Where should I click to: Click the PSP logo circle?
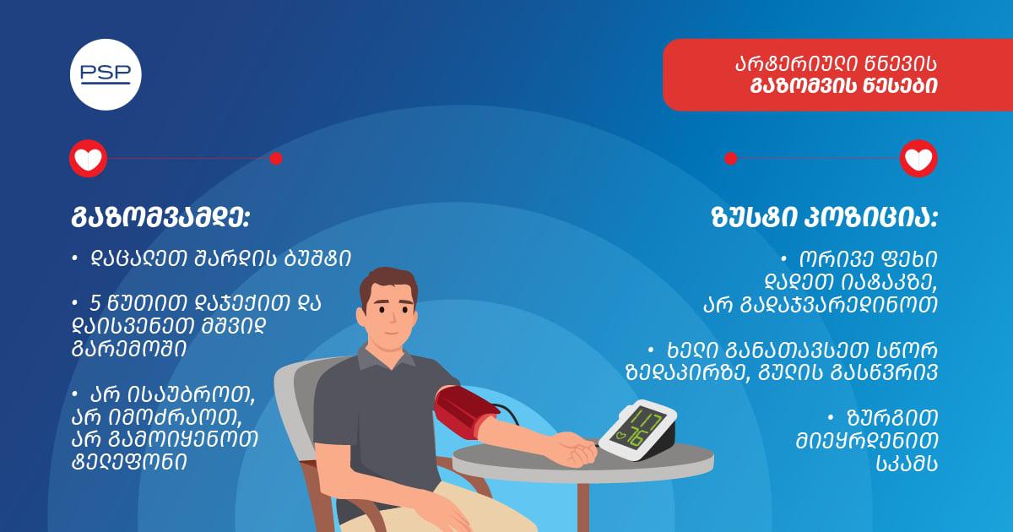coord(106,74)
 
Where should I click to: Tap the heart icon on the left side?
coord(88,159)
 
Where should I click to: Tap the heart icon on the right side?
coord(918,159)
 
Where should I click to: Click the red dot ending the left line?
coord(276,159)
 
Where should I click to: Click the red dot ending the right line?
coord(731,159)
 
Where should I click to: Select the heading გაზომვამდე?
coord(160,219)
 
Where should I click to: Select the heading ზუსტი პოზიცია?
coord(824,219)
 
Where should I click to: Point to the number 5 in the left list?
coord(95,304)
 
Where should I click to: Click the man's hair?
coord(387,284)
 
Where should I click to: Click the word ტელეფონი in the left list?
coord(129,463)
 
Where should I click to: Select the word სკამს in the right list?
coord(907,464)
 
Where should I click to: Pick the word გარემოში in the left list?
coord(129,350)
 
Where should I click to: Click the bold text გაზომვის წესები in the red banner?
coord(844,86)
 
